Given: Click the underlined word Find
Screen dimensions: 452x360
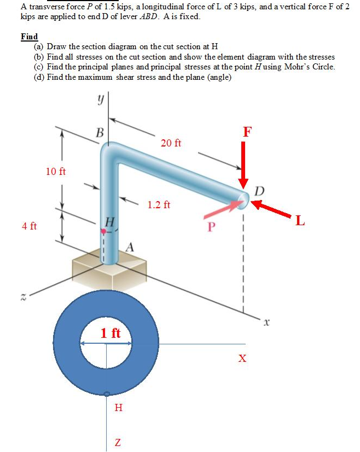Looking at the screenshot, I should click(29, 37).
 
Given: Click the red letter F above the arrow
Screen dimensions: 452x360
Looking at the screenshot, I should click(248, 131).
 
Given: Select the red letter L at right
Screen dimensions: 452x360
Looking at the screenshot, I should click(300, 221).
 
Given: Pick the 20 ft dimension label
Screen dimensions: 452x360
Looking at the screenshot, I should click(171, 143).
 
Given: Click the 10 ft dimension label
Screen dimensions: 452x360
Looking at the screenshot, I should click(56, 172).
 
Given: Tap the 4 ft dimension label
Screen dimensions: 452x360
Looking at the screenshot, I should click(30, 226).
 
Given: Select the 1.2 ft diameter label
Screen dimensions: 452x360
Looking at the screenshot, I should click(159, 205).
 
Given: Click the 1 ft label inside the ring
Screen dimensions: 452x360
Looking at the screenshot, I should click(111, 333).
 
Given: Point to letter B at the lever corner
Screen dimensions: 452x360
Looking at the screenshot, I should click(99, 132).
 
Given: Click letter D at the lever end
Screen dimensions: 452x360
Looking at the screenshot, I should click(259, 190).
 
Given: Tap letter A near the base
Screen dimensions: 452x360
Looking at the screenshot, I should click(130, 246).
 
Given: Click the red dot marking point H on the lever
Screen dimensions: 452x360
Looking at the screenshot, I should click(103, 232).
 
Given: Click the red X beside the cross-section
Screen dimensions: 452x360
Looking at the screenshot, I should click(242, 359).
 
